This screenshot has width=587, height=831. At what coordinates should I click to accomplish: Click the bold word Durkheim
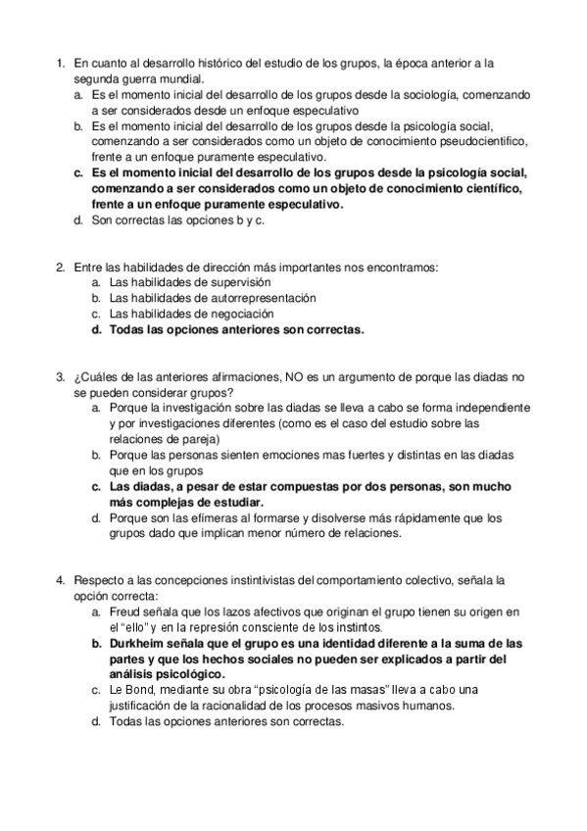140,643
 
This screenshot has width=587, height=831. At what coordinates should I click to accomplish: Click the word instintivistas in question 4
242,580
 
